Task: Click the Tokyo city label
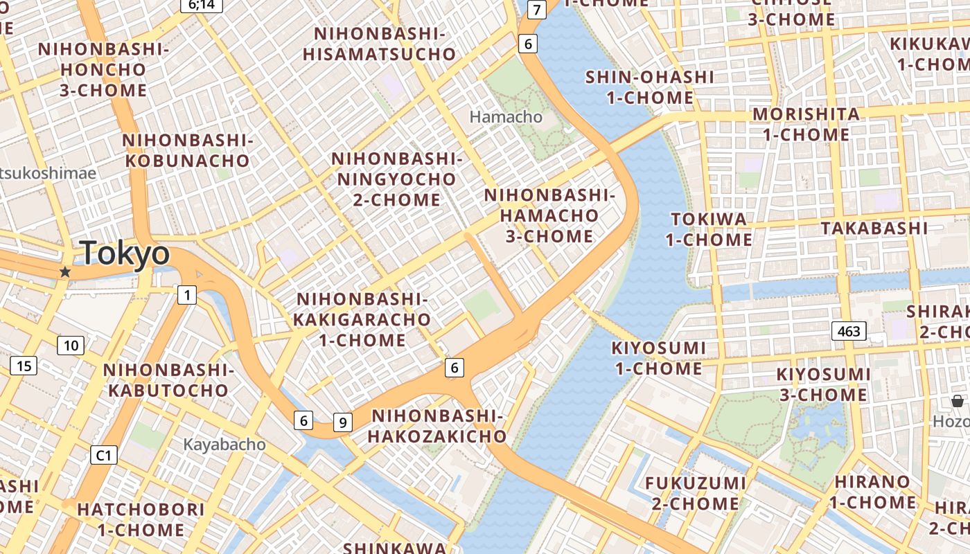(125, 253)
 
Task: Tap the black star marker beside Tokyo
(65, 272)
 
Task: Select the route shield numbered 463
(848, 331)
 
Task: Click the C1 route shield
(104, 455)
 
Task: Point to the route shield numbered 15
(24, 366)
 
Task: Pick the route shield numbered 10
(71, 346)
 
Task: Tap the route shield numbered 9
(343, 422)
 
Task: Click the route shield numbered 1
(186, 295)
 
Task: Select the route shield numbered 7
(536, 10)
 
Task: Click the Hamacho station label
(506, 116)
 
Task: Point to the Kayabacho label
(224, 444)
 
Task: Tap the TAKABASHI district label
(874, 228)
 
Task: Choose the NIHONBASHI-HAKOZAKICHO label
(437, 426)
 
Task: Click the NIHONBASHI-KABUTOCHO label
(168, 380)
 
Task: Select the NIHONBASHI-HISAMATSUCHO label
(380, 44)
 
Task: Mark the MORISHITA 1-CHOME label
(806, 124)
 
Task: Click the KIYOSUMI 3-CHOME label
(823, 384)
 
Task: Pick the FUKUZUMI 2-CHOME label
(696, 492)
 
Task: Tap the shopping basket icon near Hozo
(958, 401)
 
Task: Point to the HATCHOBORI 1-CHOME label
(132, 519)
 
